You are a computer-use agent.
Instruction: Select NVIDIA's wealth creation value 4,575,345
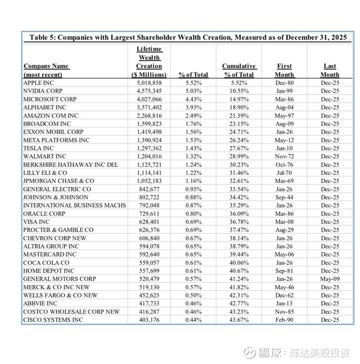[149, 91]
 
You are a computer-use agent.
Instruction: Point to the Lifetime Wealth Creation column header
[149, 62]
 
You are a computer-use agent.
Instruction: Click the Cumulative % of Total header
[238, 70]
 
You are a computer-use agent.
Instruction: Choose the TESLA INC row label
[39, 148]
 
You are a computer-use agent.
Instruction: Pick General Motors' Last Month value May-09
[329, 278]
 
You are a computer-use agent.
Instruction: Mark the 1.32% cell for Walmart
[193, 156]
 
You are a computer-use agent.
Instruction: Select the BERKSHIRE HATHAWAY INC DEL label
[70, 165]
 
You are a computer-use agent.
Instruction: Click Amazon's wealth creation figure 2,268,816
[149, 116]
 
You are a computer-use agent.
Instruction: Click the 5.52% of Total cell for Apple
[193, 83]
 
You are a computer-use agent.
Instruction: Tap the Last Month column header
[329, 70]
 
